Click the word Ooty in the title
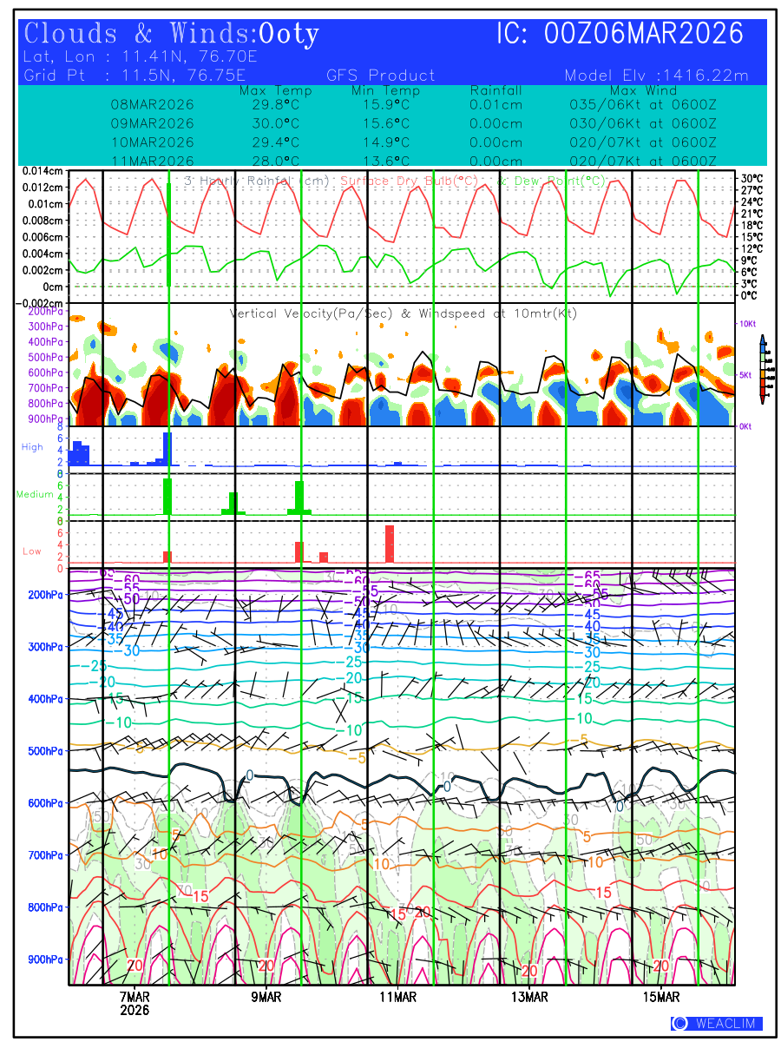pyautogui.click(x=289, y=34)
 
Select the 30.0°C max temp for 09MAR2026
pyautogui.click(x=270, y=123)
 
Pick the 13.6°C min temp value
pyautogui.click(x=381, y=162)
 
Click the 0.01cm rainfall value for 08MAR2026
pyautogui.click(x=496, y=104)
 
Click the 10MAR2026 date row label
pyautogui.click(x=153, y=142)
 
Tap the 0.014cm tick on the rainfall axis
pyautogui.click(x=43, y=171)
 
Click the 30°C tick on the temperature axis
pyautogui.click(x=751, y=179)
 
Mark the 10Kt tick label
pyautogui.click(x=747, y=323)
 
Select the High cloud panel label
pyautogui.click(x=32, y=446)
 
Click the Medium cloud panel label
pyautogui.click(x=36, y=494)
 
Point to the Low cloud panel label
pyautogui.click(x=32, y=551)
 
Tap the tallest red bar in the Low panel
pyautogui.click(x=390, y=544)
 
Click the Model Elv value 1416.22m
pyautogui.click(x=705, y=76)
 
